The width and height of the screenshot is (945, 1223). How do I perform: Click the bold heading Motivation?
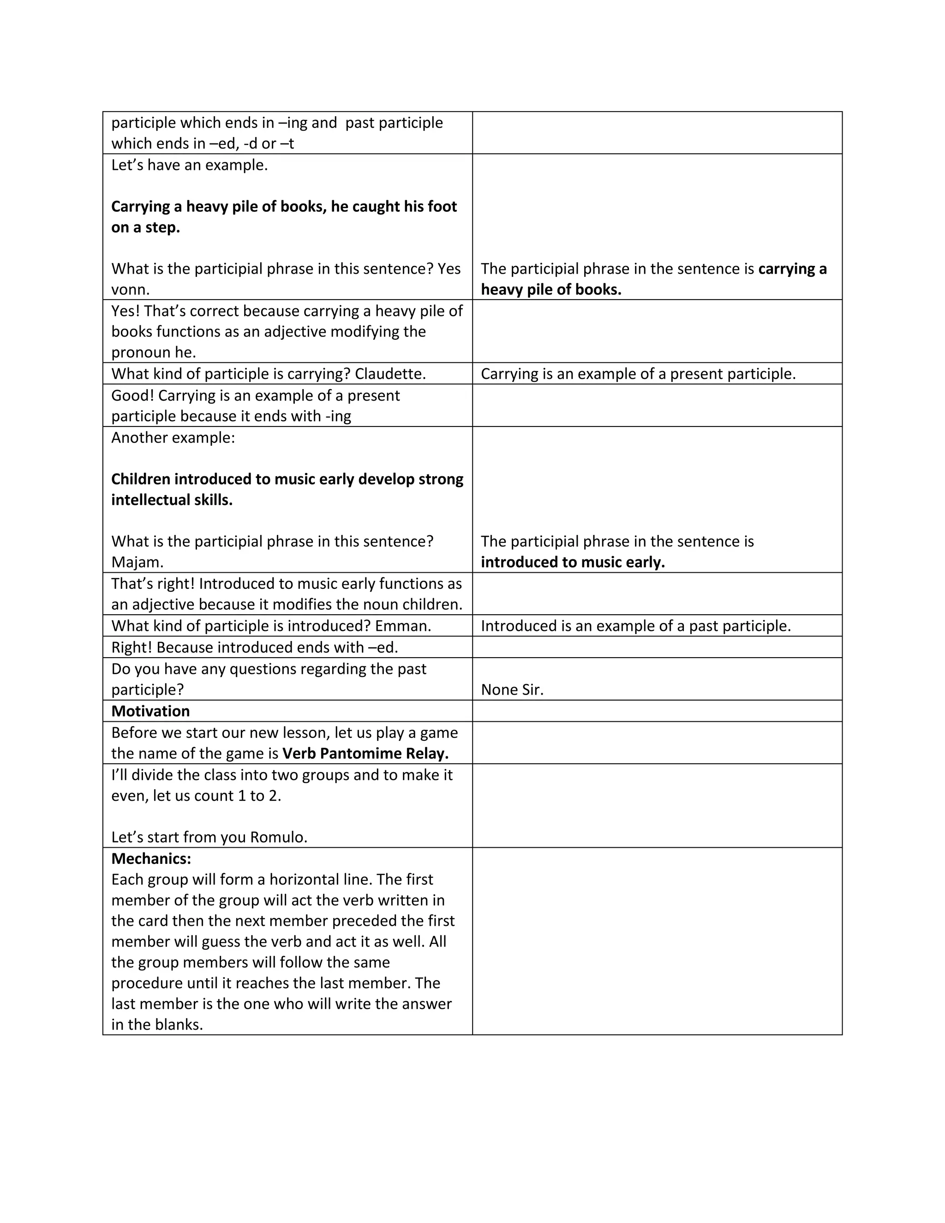point(150,711)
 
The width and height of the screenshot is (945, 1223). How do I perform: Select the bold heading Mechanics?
point(151,858)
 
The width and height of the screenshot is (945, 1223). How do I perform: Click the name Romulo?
point(278,837)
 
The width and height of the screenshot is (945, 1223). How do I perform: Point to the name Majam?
point(137,562)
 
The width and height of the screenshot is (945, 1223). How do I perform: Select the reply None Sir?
point(512,690)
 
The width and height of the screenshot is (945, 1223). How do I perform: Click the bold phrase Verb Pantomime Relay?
point(365,754)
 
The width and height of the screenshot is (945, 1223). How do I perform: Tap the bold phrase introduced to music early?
point(573,562)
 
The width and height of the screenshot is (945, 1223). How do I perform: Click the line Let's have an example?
point(189,165)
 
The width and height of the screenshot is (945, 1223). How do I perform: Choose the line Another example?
point(173,438)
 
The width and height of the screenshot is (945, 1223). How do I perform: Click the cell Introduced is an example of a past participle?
point(635,626)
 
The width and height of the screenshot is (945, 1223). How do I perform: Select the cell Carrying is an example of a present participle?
point(638,374)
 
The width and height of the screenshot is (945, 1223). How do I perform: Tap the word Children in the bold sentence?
point(141,480)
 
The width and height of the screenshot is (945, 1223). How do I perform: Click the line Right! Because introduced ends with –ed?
point(255,648)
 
